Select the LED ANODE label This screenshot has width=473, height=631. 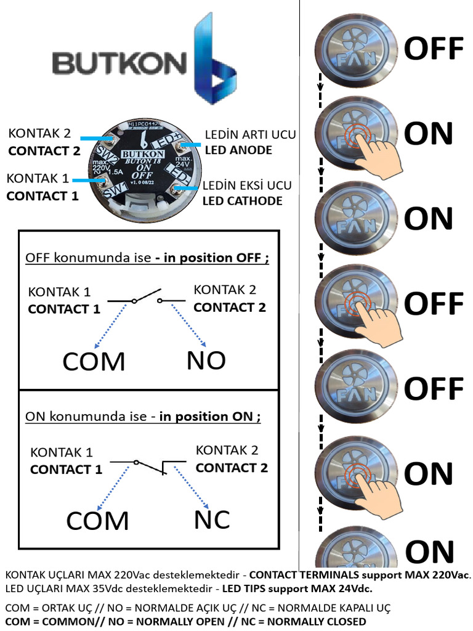[x=238, y=150]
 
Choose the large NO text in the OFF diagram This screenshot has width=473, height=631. [x=206, y=360]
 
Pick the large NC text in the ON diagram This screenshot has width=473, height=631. [x=212, y=520]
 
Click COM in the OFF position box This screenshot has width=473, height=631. [x=94, y=362]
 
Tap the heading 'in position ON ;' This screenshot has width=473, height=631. [x=209, y=417]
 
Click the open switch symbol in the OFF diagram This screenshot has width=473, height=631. [x=147, y=298]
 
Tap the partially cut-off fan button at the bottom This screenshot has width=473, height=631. [x=356, y=550]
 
